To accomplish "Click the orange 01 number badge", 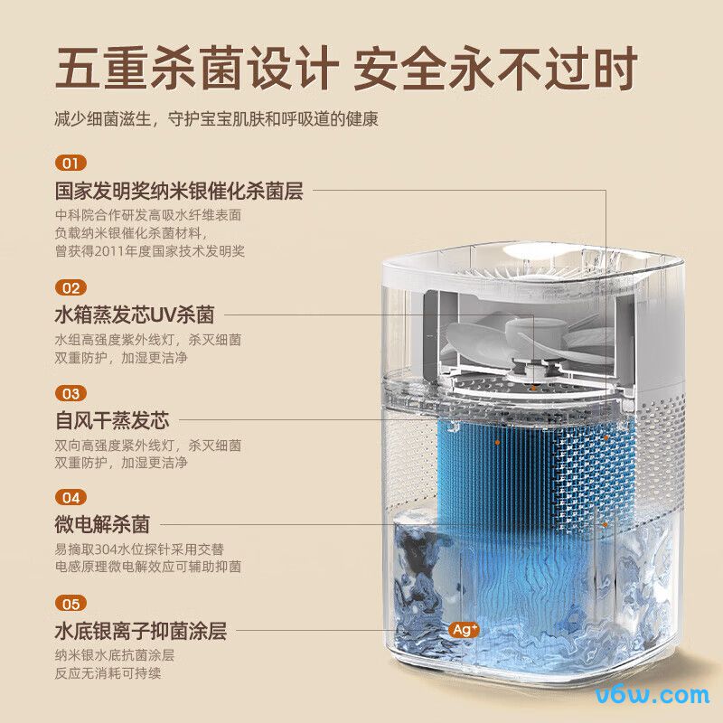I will [70, 164].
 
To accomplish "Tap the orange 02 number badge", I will [70, 287].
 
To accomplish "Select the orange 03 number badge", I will [70, 393].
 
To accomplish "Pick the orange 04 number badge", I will [70, 497].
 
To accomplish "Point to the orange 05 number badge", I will [70, 603].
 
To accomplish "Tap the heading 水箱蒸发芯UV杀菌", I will [135, 315].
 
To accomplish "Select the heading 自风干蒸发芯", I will [112, 420].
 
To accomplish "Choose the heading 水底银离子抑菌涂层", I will [140, 631].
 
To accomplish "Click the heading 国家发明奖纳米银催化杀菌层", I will [179, 192].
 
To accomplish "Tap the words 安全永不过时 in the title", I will [495, 68].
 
